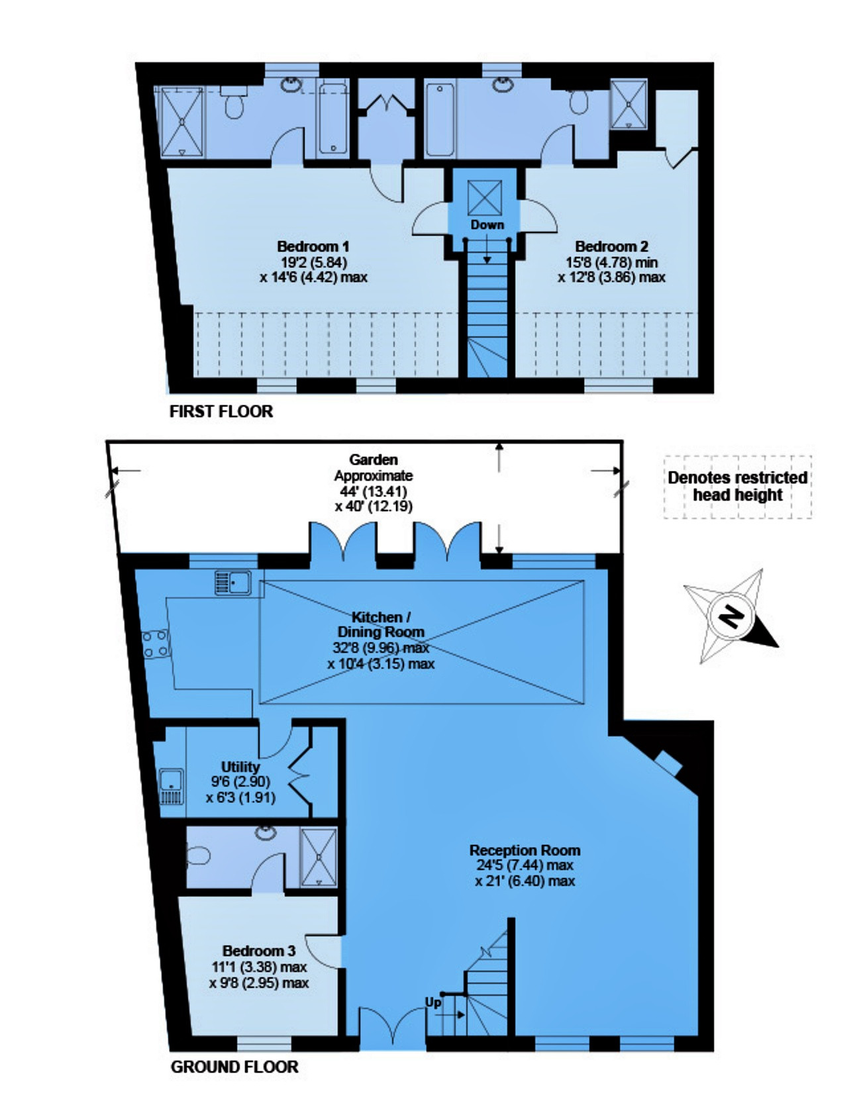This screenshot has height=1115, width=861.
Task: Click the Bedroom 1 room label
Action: (313, 246)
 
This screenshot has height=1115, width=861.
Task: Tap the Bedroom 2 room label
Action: (611, 246)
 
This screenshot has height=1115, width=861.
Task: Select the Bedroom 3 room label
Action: (259, 951)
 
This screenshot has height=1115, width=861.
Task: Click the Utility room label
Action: (240, 767)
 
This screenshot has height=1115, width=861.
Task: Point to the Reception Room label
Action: (525, 849)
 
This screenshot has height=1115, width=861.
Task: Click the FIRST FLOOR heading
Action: (221, 411)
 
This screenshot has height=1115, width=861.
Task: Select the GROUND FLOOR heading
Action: (234, 1067)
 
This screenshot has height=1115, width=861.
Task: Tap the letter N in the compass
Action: (731, 617)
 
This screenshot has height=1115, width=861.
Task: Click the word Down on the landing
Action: (487, 224)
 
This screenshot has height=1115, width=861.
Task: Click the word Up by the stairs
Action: (433, 1002)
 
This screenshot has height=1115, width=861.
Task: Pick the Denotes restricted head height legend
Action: (738, 486)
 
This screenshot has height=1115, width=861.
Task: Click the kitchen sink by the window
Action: (232, 583)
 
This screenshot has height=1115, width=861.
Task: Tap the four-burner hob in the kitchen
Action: (156, 644)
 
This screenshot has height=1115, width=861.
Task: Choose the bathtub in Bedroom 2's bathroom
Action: (440, 120)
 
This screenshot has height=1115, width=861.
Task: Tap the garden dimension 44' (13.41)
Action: (374, 491)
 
